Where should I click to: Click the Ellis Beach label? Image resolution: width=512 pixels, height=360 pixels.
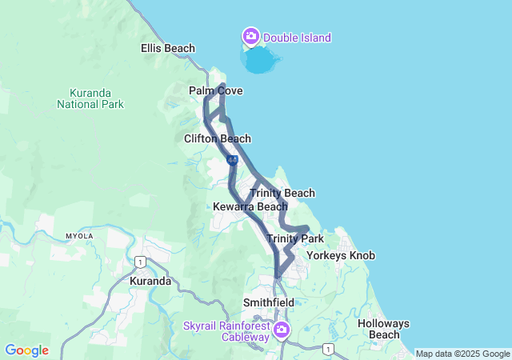168,48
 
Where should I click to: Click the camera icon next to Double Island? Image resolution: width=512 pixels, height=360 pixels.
251,36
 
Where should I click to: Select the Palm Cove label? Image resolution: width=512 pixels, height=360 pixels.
215,91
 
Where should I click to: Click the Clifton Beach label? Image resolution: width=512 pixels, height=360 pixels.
218,138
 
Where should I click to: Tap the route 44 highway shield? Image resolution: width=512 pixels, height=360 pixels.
232,161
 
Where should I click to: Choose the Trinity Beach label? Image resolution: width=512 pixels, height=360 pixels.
282,193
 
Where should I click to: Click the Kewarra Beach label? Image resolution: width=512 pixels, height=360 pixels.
250,207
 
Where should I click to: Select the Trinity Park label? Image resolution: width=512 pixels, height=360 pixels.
295,239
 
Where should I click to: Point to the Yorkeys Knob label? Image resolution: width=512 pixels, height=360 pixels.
341,256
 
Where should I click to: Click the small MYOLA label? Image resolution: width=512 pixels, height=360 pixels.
79,237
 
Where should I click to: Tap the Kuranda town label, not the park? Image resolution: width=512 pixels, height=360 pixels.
150,282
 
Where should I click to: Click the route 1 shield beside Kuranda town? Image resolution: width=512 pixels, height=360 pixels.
140,262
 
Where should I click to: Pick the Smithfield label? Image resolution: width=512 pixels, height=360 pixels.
269,303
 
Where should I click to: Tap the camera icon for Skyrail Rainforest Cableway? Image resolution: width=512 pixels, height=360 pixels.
282,330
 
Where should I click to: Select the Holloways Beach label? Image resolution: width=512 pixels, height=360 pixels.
383,329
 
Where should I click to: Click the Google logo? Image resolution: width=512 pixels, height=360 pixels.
27,350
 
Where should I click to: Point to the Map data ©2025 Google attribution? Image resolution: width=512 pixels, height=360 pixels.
462,354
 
